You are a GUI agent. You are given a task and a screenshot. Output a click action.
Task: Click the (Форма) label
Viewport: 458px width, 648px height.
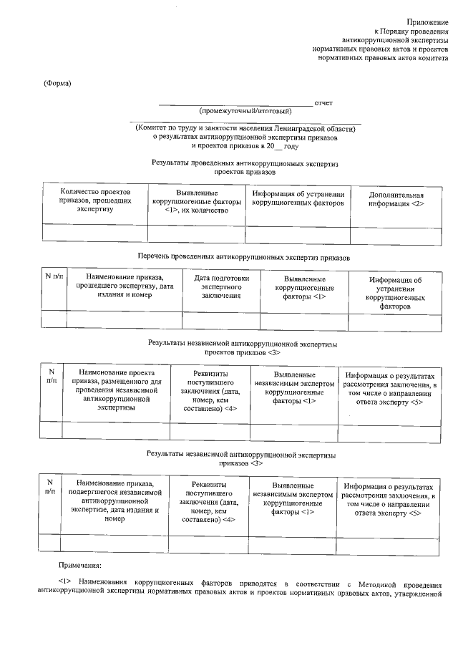tap(58, 82)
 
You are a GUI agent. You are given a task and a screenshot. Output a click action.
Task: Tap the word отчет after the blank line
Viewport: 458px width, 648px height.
tap(323, 103)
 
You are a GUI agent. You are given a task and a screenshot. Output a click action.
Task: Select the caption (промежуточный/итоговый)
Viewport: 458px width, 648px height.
tap(245, 112)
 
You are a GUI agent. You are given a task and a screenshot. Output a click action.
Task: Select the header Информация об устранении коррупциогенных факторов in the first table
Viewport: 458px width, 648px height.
tap(298, 198)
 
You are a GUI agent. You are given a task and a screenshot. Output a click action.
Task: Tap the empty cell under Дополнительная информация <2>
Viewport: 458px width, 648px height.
tap(396, 233)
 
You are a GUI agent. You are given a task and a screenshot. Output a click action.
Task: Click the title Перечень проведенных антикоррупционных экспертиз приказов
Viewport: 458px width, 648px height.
tap(243, 256)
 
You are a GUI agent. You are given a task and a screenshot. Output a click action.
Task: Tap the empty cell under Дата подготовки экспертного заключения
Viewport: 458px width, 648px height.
tap(221, 320)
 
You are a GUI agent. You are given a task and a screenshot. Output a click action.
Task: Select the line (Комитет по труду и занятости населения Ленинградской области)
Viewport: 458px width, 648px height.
tap(245, 128)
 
